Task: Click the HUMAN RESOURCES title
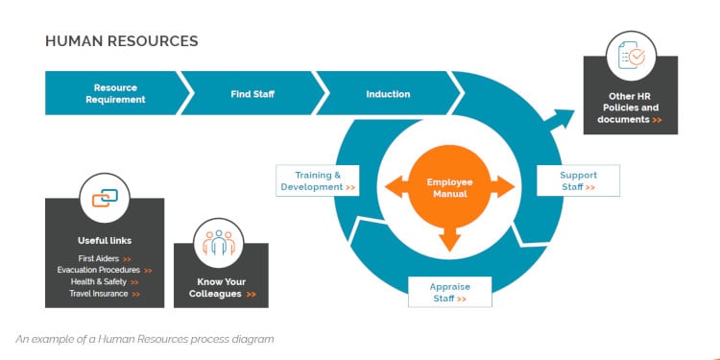122,41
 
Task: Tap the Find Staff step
254,94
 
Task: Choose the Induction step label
388,94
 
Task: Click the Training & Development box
318,180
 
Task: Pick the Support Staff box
577,180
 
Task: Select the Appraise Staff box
449,292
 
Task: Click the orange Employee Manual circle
445,187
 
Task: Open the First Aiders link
106,258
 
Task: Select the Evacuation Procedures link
104,270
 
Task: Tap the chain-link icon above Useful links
105,199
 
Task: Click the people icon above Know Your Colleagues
220,244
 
